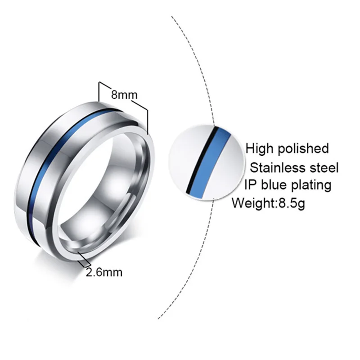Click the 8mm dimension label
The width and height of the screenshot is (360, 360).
(124, 95)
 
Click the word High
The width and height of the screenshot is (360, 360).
(260, 148)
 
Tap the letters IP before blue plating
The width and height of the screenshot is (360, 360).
(251, 185)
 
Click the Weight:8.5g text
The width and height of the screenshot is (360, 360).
(269, 203)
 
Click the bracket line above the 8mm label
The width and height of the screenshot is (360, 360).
(124, 85)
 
